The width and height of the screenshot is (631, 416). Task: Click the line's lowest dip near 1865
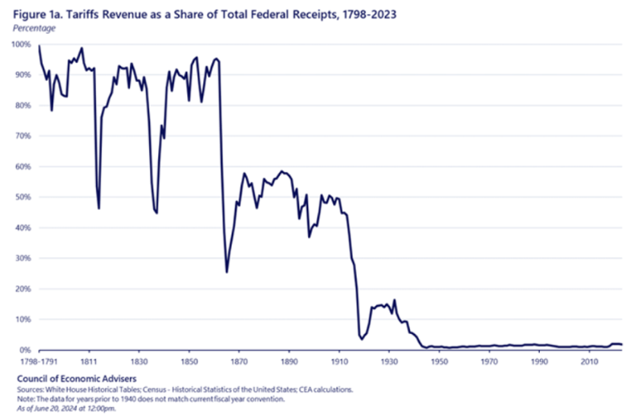226,272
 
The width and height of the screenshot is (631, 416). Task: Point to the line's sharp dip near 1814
99,208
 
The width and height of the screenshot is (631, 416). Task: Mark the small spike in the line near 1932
395,300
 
